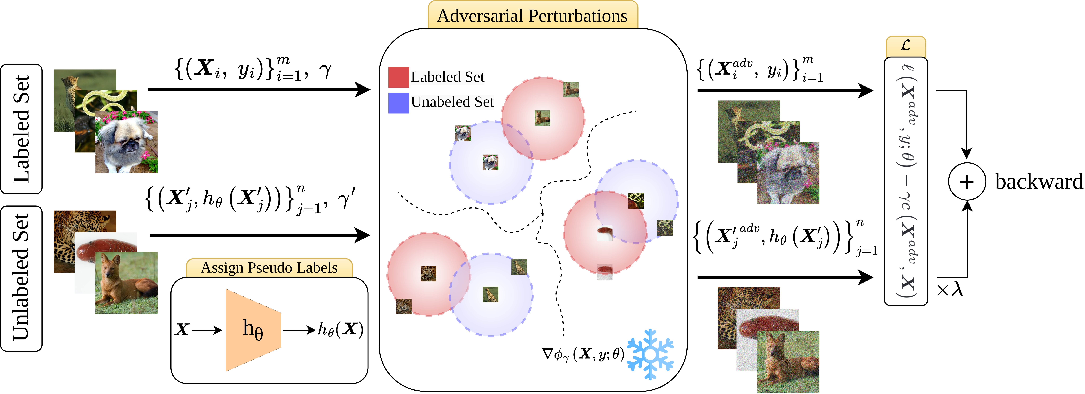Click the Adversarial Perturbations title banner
(x=532, y=16)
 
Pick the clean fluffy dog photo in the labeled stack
(x=126, y=143)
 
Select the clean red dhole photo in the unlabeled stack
(x=126, y=283)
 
